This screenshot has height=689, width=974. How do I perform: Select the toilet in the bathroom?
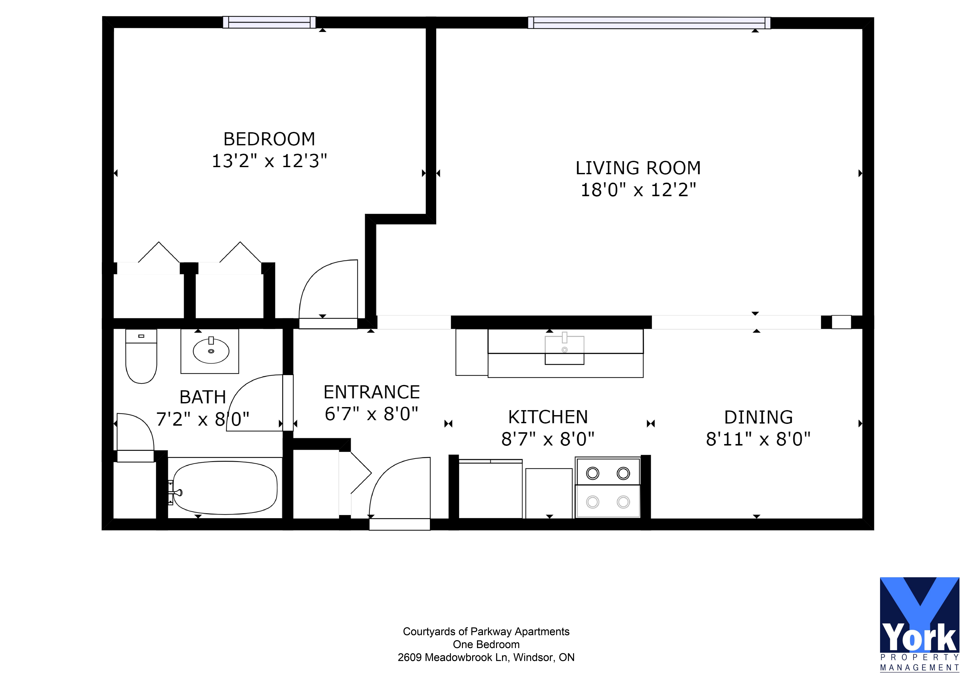(141, 357)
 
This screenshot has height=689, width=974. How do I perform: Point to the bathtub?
(225, 488)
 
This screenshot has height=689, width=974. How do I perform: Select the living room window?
(649, 23)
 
